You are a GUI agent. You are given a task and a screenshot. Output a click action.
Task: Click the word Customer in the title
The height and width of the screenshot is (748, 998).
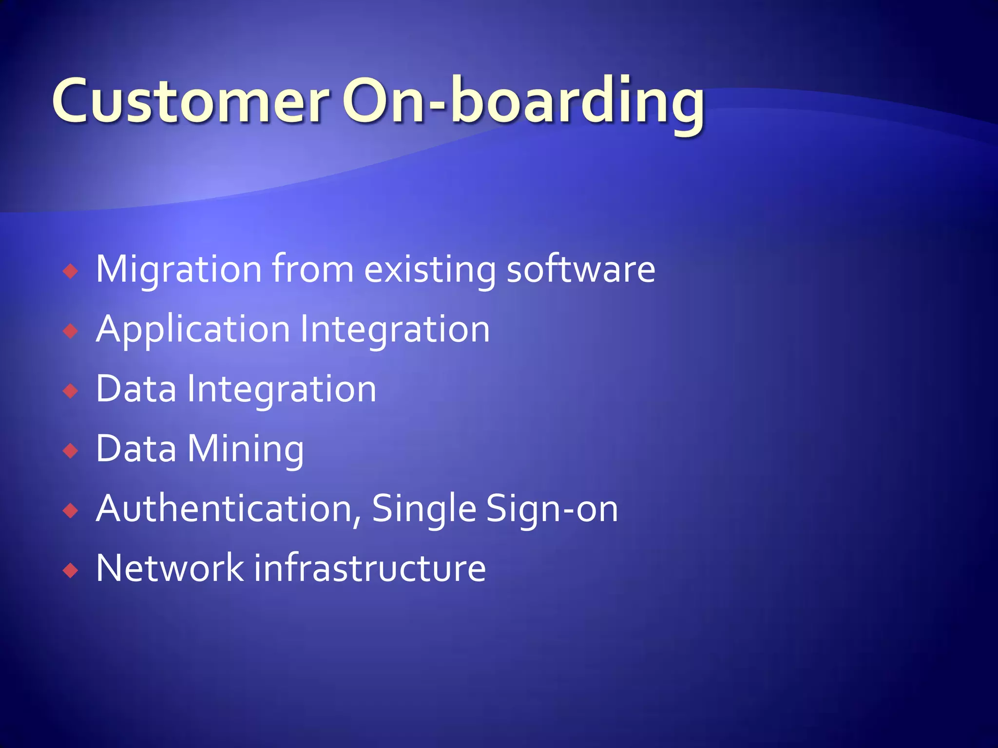[190, 101]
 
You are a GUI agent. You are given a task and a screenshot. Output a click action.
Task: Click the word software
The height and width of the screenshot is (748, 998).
[581, 269]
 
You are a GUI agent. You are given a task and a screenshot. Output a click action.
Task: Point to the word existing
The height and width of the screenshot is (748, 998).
[430, 269]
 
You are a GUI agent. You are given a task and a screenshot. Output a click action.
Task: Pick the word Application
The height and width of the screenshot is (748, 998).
[193, 330]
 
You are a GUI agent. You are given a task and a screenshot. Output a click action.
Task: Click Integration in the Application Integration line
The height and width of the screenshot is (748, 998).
[395, 330]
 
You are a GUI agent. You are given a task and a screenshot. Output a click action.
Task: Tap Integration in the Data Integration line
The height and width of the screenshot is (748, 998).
[282, 390]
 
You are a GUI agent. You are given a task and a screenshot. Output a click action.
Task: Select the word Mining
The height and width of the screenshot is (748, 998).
[246, 449]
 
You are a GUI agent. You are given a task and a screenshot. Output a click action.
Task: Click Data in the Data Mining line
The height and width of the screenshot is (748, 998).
[136, 449]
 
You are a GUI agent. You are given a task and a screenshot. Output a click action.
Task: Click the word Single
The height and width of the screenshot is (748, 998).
[424, 509]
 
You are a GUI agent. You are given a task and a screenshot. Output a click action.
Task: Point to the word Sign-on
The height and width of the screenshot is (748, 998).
[552, 509]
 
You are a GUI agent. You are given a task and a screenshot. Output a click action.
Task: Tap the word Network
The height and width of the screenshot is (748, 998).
[170, 568]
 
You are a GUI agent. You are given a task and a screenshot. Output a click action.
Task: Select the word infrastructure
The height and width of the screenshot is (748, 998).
[370, 568]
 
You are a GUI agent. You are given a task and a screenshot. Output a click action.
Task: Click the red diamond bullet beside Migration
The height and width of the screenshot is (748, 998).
[71, 271]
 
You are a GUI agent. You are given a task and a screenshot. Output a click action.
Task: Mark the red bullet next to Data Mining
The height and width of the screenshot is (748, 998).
[71, 451]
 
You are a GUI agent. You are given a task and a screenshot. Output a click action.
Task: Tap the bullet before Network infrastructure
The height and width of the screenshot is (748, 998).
[71, 570]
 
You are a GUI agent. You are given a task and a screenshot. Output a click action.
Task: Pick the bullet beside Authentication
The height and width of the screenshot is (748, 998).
[71, 511]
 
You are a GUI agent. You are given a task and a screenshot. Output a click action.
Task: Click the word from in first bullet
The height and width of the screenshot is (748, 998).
[312, 269]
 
